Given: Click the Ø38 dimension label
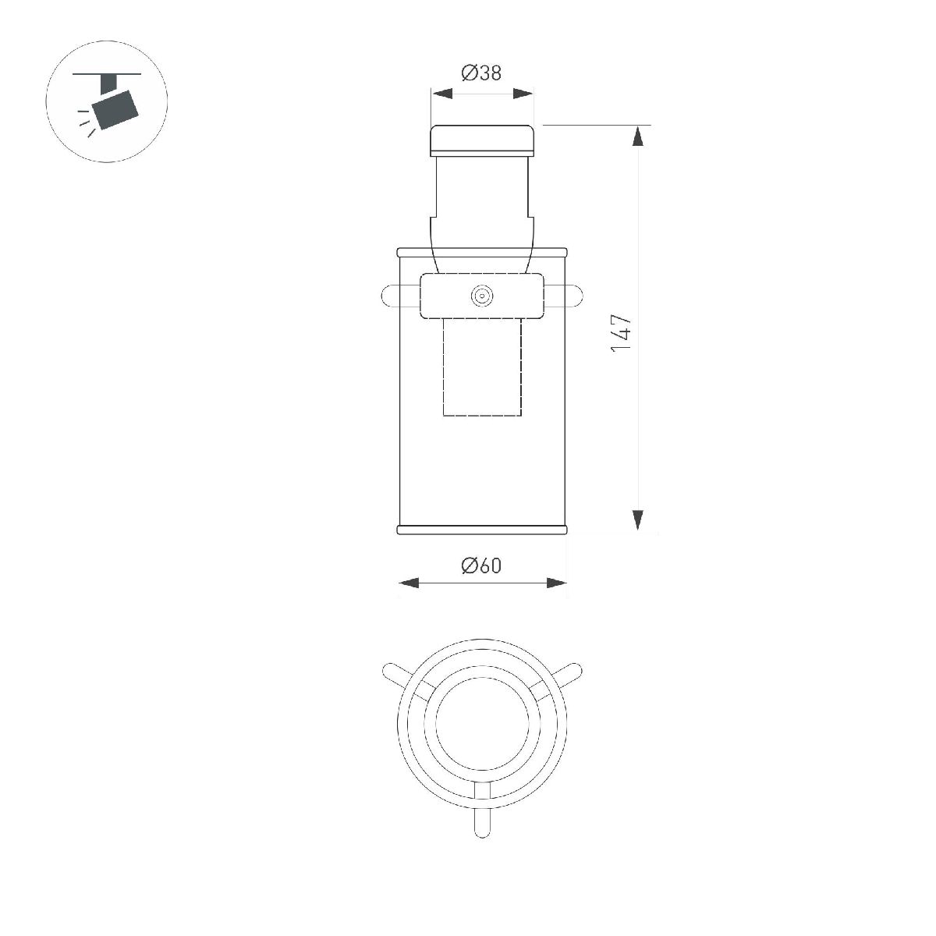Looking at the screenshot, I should point(481,73).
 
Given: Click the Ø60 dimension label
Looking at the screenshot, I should point(481,565).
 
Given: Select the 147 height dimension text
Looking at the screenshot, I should point(621,333).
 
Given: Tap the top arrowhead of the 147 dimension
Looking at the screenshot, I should point(638,136).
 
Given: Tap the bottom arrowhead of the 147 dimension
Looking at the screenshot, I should point(638,519).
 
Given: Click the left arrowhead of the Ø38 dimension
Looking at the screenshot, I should point(442,94).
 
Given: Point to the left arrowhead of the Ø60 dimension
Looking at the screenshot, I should point(409,583).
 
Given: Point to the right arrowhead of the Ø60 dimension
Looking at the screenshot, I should point(556,583).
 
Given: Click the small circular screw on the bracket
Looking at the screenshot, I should point(482,296).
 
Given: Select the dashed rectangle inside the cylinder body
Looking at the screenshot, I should point(482,367).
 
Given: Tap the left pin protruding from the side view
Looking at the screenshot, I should point(389,296).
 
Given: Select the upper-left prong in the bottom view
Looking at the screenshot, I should point(395,672).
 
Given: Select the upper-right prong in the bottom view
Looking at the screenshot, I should point(569,672).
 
